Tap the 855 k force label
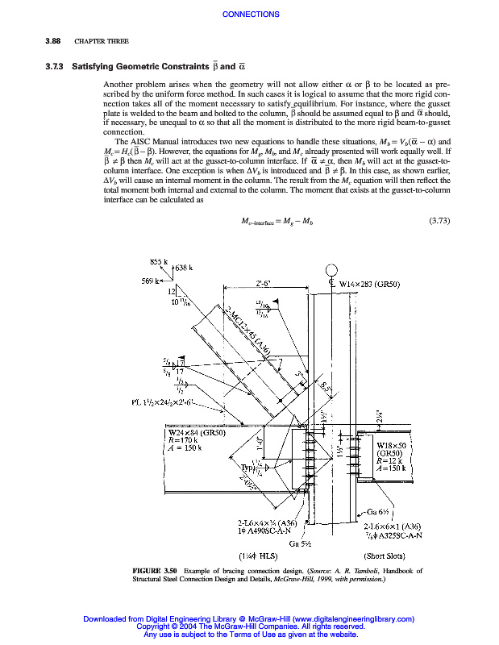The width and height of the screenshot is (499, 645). (159, 261)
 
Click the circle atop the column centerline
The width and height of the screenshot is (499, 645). (331, 270)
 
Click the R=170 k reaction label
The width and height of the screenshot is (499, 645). (182, 440)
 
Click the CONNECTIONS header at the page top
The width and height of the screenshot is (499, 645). (250, 15)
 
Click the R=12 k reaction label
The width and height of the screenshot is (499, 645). (391, 460)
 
